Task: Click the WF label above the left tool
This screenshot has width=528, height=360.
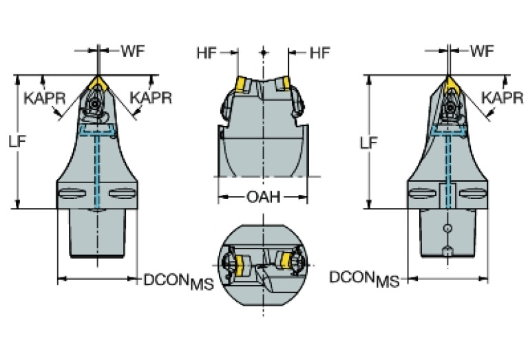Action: [133, 50]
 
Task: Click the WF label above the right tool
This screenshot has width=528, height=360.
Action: [483, 50]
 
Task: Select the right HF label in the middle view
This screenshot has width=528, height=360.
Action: [319, 52]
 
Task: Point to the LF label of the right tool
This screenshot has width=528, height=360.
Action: [370, 142]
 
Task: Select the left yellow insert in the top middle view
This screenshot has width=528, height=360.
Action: [242, 85]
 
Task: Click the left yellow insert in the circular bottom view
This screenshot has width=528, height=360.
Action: [242, 264]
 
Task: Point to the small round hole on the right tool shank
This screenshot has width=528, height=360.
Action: [447, 228]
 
